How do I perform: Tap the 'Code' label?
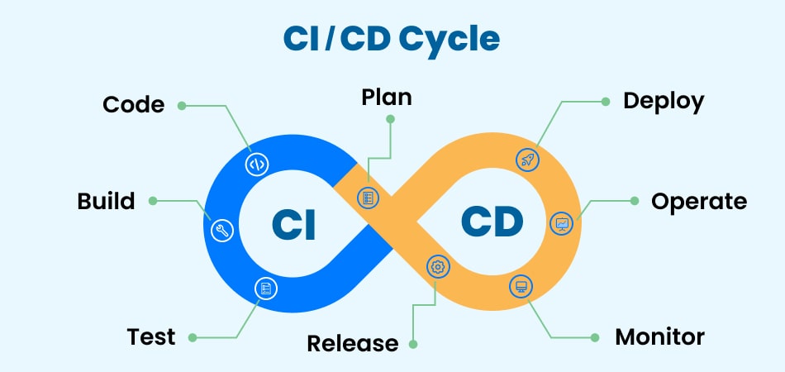[x=133, y=105]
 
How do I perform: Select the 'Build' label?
[x=106, y=201]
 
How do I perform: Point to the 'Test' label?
[x=151, y=337]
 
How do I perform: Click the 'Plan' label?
[x=387, y=98]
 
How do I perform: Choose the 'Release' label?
[x=353, y=343]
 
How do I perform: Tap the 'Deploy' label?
[x=664, y=102]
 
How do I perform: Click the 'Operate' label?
[x=699, y=201]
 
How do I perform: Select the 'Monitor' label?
[x=659, y=337]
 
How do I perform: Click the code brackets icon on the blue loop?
[x=257, y=164]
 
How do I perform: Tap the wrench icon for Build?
[x=221, y=231]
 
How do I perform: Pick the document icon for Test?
[x=266, y=289]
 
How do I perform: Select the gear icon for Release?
[x=438, y=266]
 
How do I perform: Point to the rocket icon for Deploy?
[x=527, y=160]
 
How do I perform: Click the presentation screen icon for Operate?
[x=562, y=223]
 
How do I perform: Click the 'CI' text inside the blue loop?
[x=294, y=224]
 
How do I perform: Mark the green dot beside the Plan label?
[x=391, y=119]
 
